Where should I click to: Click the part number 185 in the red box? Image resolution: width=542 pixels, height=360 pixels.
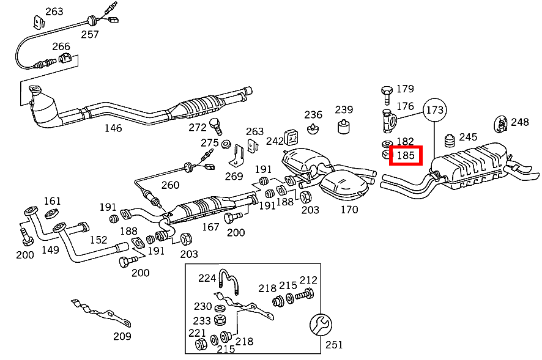point(406,156)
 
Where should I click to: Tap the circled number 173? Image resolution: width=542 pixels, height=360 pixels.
point(435,111)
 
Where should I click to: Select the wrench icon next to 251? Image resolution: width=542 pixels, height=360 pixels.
point(321,325)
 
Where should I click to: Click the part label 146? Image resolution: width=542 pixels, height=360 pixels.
point(113,128)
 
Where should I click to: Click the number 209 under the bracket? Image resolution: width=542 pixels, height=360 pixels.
point(122,336)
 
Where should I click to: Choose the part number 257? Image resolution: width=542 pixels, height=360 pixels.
point(89,34)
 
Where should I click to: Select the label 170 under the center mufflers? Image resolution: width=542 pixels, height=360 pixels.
point(349,210)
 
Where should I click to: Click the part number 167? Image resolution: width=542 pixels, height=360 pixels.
point(210,226)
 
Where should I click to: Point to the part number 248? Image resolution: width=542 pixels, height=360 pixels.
point(519,122)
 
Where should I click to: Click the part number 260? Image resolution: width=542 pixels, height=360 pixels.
point(171,185)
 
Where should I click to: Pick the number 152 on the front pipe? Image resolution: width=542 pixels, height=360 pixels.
point(99,240)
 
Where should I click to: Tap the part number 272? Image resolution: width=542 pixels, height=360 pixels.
point(198,127)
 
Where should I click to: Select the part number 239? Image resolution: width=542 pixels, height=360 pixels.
point(344,109)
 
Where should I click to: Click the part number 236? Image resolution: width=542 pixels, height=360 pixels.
point(313,114)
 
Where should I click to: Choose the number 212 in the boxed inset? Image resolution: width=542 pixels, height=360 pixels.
point(308,280)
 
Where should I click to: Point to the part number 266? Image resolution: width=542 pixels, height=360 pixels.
point(61,46)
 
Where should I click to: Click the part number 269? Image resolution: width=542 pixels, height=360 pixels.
point(234,176)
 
